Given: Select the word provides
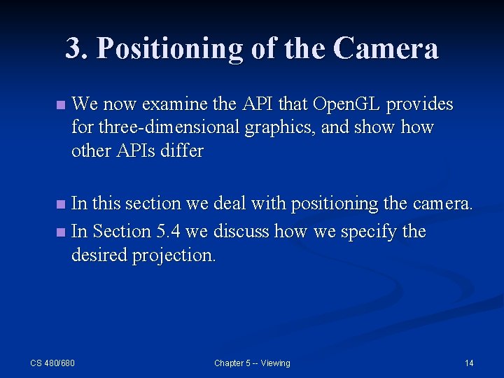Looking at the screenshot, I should click(420, 105).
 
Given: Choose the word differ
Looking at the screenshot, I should click(184, 151).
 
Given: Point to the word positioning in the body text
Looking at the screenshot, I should click(334, 204).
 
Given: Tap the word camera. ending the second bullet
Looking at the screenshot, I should click(443, 204).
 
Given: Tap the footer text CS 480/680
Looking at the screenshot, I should click(52, 363).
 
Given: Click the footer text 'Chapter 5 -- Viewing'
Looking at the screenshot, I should click(252, 363).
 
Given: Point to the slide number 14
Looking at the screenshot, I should click(469, 363).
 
